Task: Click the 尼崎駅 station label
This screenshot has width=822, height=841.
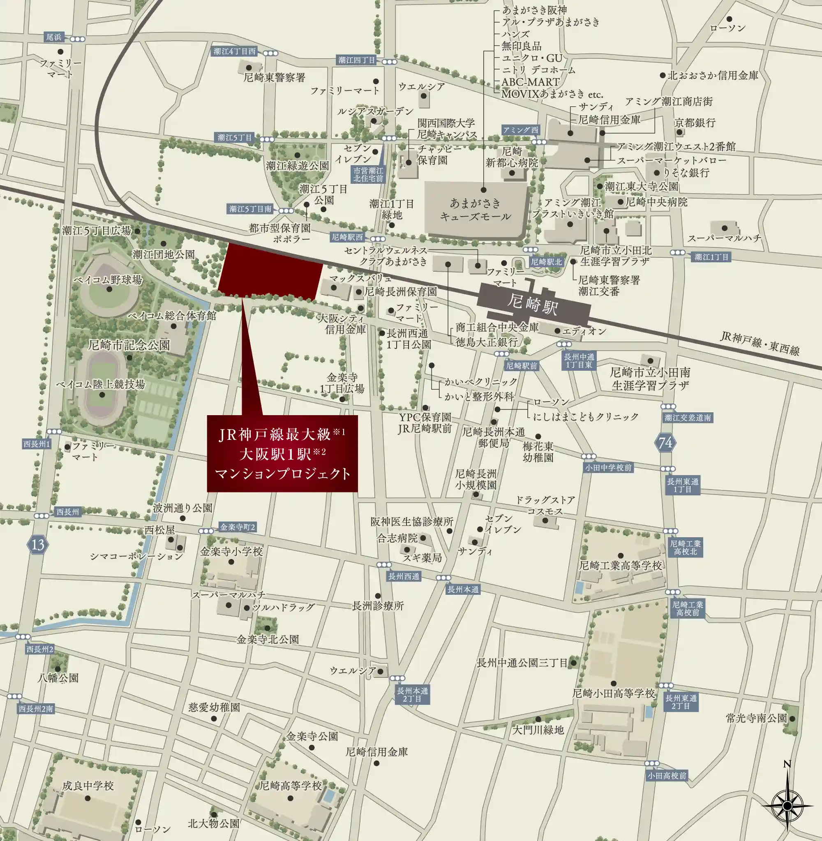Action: [x=533, y=303]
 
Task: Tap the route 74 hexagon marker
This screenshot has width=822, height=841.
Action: [x=665, y=443]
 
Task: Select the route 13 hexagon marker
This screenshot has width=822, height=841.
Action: [x=37, y=544]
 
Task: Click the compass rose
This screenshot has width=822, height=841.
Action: [x=787, y=805]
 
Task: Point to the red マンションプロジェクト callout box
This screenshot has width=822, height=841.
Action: [x=282, y=453]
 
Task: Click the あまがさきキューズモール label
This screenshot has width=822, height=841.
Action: [x=476, y=209]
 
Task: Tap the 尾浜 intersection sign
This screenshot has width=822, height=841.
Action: [x=54, y=37]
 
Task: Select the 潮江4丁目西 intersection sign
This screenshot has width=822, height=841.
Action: [x=234, y=51]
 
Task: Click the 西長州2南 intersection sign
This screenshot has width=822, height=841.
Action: [x=36, y=709]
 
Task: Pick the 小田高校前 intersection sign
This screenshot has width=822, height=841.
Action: [x=667, y=776]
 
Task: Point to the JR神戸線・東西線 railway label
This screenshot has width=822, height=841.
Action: [x=760, y=343]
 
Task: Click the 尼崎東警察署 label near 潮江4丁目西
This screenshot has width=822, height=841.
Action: [x=274, y=78]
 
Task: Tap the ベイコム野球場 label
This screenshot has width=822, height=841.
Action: [x=108, y=280]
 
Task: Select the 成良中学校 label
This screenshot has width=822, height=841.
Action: [x=88, y=786]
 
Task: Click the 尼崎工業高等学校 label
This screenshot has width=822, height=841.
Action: [x=620, y=566]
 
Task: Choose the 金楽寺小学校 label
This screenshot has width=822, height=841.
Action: [x=231, y=551]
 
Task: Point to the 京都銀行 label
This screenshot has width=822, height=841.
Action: [x=695, y=122]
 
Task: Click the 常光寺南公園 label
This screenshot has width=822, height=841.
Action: [x=756, y=718]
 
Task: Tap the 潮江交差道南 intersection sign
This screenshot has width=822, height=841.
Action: [x=688, y=418]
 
